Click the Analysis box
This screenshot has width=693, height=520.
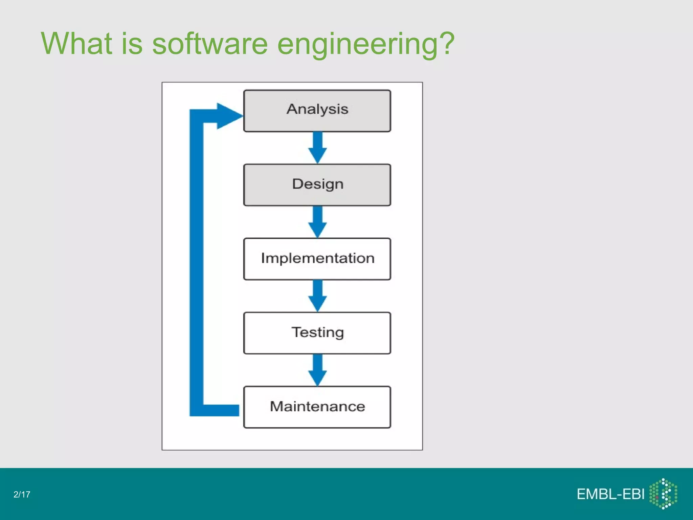click(317, 111)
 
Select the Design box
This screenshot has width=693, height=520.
click(317, 185)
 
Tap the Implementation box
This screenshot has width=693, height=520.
click(317, 259)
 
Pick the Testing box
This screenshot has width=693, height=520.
click(317, 333)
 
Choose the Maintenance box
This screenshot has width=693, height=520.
click(317, 407)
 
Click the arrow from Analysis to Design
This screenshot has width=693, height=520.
click(317, 148)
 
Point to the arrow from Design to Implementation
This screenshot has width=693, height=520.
click(317, 222)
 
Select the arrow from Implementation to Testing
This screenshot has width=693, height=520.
click(317, 296)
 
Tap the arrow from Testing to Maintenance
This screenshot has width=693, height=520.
click(317, 370)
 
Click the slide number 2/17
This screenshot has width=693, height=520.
click(22, 495)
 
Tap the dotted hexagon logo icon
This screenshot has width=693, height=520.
click(663, 494)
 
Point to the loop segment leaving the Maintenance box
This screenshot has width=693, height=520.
click(220, 410)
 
